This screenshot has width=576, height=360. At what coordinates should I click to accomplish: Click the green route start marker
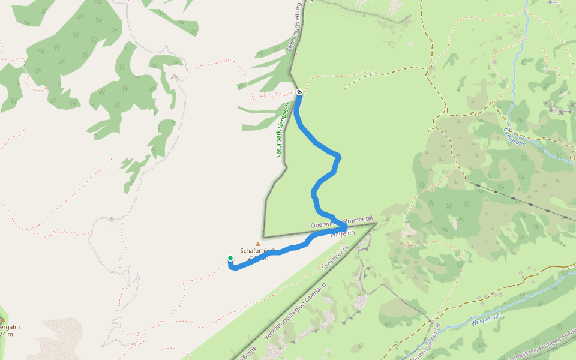230,259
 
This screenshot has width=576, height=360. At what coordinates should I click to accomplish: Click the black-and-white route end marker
299,92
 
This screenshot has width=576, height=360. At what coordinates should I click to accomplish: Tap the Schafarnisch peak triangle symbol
259,244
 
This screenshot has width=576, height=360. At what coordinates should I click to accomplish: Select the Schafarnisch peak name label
257,250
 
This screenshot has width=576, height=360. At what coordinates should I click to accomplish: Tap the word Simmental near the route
358,220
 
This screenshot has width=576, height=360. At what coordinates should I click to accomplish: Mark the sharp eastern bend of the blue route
346,226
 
